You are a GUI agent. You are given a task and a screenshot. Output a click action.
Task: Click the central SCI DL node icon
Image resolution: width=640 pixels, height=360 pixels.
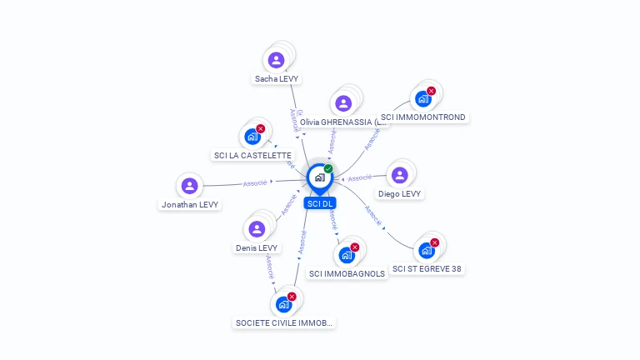tap(319, 177)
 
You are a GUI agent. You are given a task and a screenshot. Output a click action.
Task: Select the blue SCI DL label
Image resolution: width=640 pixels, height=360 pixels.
tap(320, 203)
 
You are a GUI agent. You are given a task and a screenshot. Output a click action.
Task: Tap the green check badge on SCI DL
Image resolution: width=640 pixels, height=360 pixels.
tap(328, 169)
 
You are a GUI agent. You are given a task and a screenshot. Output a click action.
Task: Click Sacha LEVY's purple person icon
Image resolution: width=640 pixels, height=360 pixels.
tap(276, 60)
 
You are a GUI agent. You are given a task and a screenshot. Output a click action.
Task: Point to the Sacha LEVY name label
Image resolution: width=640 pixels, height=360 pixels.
tap(277, 78)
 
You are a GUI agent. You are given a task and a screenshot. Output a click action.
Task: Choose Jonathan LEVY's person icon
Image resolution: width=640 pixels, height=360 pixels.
tap(189, 186)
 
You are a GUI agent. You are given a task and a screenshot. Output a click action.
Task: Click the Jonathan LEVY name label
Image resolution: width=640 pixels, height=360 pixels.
tap(190, 204)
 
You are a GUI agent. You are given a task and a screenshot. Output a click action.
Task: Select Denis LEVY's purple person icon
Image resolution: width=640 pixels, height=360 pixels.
tap(257, 229)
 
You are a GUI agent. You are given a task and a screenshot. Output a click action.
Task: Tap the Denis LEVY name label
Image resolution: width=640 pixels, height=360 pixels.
tap(257, 247)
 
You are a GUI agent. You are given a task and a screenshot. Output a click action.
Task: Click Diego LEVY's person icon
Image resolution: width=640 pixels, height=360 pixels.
tap(400, 175)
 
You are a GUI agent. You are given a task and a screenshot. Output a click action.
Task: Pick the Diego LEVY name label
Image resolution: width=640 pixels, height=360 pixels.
tap(400, 193)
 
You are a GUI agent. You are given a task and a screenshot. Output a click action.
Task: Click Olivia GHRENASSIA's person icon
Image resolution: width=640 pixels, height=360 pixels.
tap(343, 103)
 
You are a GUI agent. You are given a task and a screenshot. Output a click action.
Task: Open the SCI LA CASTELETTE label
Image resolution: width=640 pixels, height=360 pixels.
tap(253, 155)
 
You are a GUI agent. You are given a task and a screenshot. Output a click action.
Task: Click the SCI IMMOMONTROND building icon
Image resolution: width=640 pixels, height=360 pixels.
tap(422, 99)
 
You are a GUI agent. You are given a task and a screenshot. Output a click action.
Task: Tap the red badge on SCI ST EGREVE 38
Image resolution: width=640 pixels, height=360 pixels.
tap(434, 242)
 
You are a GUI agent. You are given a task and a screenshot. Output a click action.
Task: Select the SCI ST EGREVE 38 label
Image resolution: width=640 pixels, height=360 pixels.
tap(427, 268)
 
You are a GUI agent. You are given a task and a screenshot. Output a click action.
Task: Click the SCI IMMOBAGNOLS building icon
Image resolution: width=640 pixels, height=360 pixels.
tap(347, 255)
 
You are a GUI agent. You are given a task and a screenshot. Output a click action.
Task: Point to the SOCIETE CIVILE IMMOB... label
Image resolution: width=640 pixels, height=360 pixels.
tap(284, 322)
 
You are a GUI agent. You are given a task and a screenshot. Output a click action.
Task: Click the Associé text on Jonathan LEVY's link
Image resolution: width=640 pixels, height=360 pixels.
tap(254, 182)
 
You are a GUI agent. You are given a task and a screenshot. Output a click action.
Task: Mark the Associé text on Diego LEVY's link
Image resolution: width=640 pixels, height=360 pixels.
tap(359, 177)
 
